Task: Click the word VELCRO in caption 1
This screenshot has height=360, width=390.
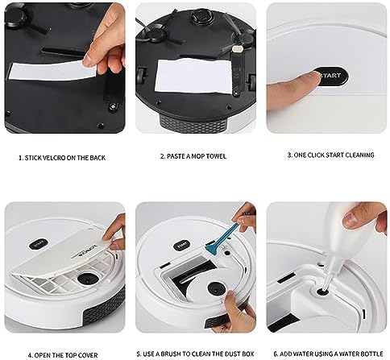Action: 51,158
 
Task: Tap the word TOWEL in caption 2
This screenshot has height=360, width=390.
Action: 215,156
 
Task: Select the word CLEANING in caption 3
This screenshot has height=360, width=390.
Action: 359,155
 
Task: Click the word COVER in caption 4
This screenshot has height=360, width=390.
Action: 88,355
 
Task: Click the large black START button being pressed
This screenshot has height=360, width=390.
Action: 332,77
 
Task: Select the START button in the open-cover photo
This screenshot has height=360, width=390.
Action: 39,244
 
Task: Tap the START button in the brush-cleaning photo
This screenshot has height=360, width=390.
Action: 182,245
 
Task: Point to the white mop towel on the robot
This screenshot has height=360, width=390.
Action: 193,77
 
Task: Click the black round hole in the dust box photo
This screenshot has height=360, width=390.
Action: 217,288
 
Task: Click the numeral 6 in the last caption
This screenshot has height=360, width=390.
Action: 276,354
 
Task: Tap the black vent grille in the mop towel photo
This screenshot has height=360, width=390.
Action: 193,124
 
